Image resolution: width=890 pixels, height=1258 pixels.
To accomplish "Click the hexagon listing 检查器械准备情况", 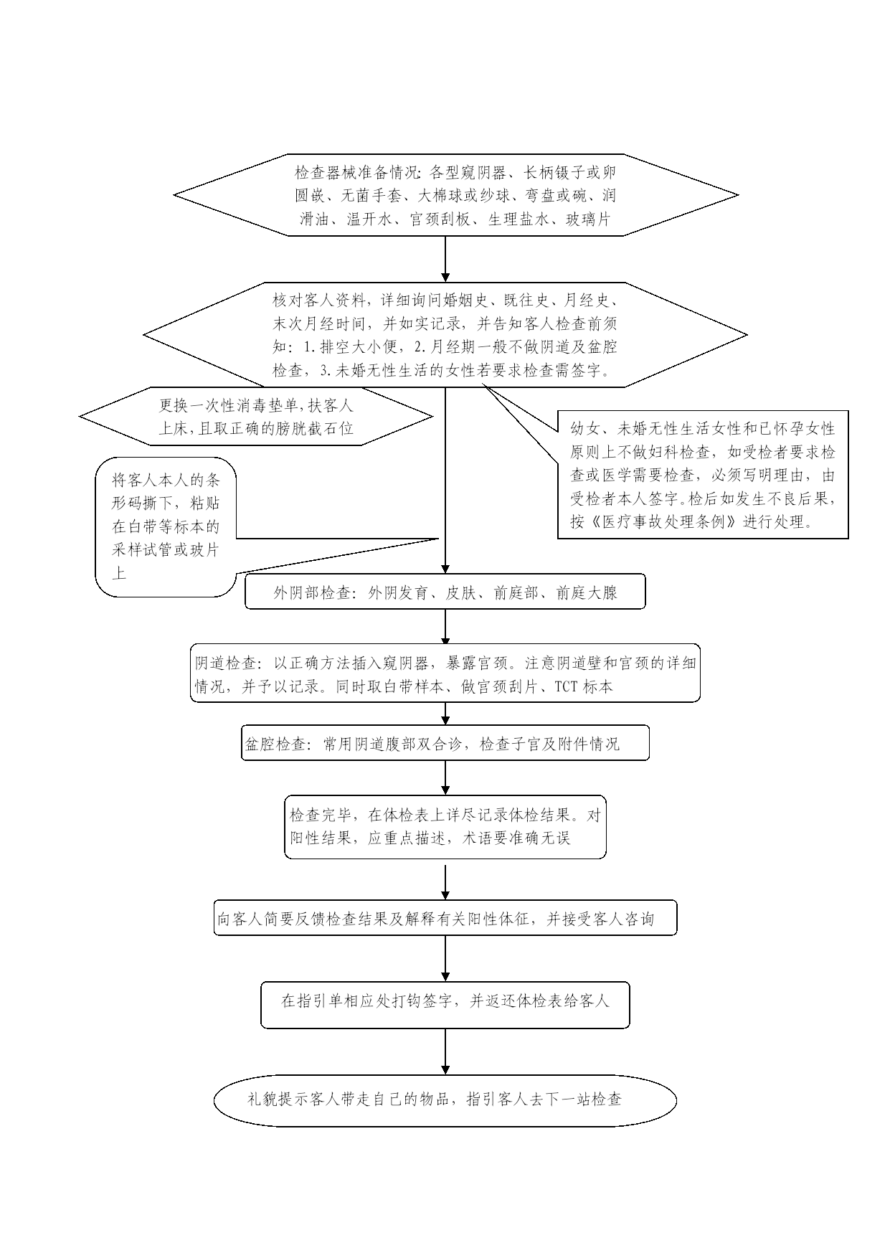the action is [x=455, y=194].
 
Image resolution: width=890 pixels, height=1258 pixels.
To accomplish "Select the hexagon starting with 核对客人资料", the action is [x=445, y=334].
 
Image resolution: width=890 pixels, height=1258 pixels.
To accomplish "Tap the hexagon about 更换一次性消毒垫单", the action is [x=256, y=416].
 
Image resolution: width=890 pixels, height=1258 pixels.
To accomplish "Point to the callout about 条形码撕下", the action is [x=166, y=527].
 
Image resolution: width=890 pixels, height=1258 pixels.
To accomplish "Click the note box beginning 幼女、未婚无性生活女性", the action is [x=703, y=474].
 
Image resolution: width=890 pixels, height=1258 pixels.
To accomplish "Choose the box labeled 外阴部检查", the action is [x=445, y=592].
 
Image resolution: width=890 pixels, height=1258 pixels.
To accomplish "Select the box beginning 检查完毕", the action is [x=445, y=826].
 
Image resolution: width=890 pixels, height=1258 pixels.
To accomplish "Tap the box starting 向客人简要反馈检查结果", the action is [x=445, y=918].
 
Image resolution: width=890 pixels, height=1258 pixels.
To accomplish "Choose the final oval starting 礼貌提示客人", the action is [x=445, y=1099].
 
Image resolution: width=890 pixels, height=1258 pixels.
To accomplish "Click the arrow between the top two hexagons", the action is [x=445, y=259].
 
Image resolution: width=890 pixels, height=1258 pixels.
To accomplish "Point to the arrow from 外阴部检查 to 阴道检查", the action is [x=445, y=629].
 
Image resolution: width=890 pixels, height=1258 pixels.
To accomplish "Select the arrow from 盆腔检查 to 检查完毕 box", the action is [x=445, y=777].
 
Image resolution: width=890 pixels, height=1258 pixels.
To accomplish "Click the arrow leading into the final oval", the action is [x=445, y=1051].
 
